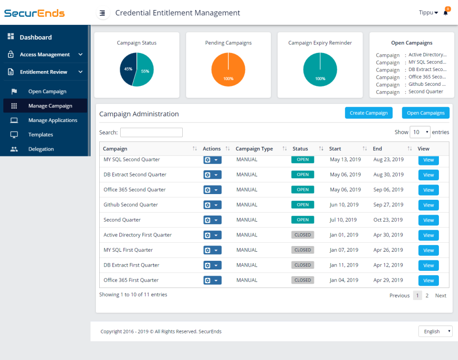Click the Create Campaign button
coord(369,113)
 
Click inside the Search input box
coord(151,133)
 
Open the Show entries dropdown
coord(420,132)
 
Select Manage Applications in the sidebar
coord(52,120)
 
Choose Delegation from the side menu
coord(41,149)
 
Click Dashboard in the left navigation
coord(35,37)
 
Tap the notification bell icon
coord(446,13)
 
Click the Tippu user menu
coord(428,13)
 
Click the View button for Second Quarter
coord(428,220)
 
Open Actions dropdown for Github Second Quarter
coord(212,205)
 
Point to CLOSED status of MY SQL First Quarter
coord(302,250)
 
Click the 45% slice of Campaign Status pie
coord(127,69)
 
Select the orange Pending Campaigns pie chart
coord(228,70)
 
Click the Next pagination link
coord(440,296)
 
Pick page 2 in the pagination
coord(427,296)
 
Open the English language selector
coord(435,331)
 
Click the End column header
coord(378,149)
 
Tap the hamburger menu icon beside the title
coord(103,13)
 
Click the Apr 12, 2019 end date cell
coord(388,265)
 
